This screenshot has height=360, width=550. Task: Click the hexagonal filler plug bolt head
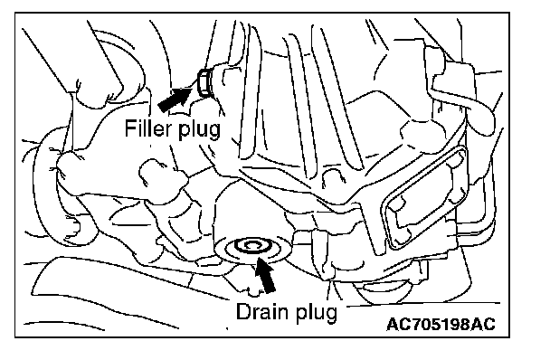[x=204, y=83]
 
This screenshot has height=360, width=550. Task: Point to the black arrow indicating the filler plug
[x=175, y=99]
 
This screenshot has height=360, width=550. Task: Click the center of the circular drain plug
[x=251, y=246]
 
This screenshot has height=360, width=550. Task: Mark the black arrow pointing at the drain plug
[x=265, y=274]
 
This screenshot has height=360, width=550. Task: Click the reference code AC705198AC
[x=441, y=324]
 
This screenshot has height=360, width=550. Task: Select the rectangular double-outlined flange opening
[x=425, y=197]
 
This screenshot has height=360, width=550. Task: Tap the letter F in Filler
[x=129, y=128]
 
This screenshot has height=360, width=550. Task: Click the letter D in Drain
[x=243, y=311]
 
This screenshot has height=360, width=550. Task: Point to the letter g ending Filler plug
[x=215, y=132]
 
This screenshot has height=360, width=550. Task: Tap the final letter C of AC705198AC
[x=489, y=324]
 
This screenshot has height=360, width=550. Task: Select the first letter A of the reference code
[x=393, y=324]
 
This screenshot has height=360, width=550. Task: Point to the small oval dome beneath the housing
[x=386, y=289]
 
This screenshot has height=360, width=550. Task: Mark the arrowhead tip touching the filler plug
[x=193, y=89]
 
